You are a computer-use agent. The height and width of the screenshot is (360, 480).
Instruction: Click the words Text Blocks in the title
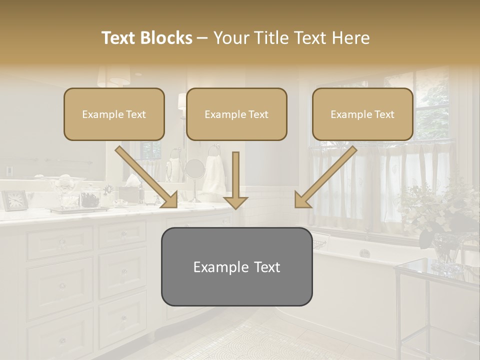(146, 38)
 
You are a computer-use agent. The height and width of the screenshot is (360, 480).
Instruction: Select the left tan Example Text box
(114, 114)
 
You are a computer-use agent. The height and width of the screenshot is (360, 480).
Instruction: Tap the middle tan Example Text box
(236, 114)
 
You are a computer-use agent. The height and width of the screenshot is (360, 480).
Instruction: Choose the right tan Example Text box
(362, 114)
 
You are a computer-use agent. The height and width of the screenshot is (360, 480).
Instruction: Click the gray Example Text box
(236, 267)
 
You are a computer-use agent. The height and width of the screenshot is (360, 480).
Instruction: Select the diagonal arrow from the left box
(147, 177)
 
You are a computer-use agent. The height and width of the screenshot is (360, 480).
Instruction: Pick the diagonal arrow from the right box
(325, 177)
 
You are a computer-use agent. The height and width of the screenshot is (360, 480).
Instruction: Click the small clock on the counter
(14, 200)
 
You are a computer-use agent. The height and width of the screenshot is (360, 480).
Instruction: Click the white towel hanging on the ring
(214, 175)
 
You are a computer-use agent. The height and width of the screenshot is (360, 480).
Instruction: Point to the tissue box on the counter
(128, 192)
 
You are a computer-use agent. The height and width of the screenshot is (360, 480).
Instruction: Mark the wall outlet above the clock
(9, 171)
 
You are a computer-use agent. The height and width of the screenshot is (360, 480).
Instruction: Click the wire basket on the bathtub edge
(319, 243)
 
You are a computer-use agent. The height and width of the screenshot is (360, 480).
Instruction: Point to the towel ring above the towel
(214, 149)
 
